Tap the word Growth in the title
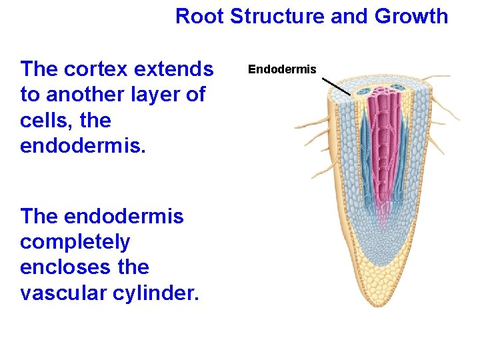coord(411,16)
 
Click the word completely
coord(75,242)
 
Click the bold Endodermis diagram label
coord(282,69)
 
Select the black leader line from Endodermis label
coord(336,86)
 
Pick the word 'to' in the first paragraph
coord(29,95)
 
